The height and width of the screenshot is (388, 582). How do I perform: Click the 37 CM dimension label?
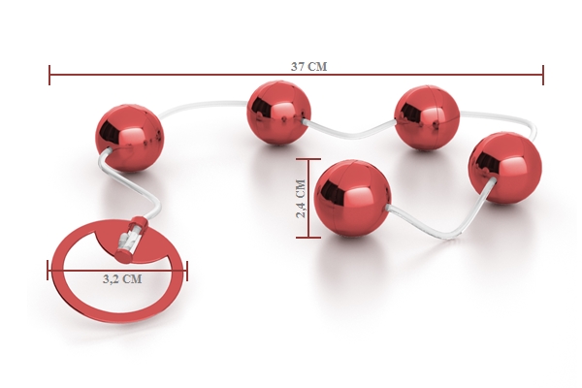[x=308, y=67]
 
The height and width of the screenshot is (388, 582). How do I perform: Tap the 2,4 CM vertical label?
[x=301, y=198]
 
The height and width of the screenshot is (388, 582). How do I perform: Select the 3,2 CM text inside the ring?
[x=122, y=278]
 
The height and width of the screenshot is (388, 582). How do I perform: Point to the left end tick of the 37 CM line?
[x=49, y=75]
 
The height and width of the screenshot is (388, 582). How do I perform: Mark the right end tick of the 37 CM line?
[x=543, y=75]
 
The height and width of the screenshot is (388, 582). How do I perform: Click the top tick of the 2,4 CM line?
[x=308, y=159]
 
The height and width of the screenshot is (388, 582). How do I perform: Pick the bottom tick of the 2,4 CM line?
[x=308, y=238]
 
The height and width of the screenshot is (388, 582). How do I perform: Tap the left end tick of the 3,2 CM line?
[x=48, y=270]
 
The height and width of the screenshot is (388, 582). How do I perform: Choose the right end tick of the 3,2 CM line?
[x=187, y=271]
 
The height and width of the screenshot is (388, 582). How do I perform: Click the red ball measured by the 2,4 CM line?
[x=352, y=198]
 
